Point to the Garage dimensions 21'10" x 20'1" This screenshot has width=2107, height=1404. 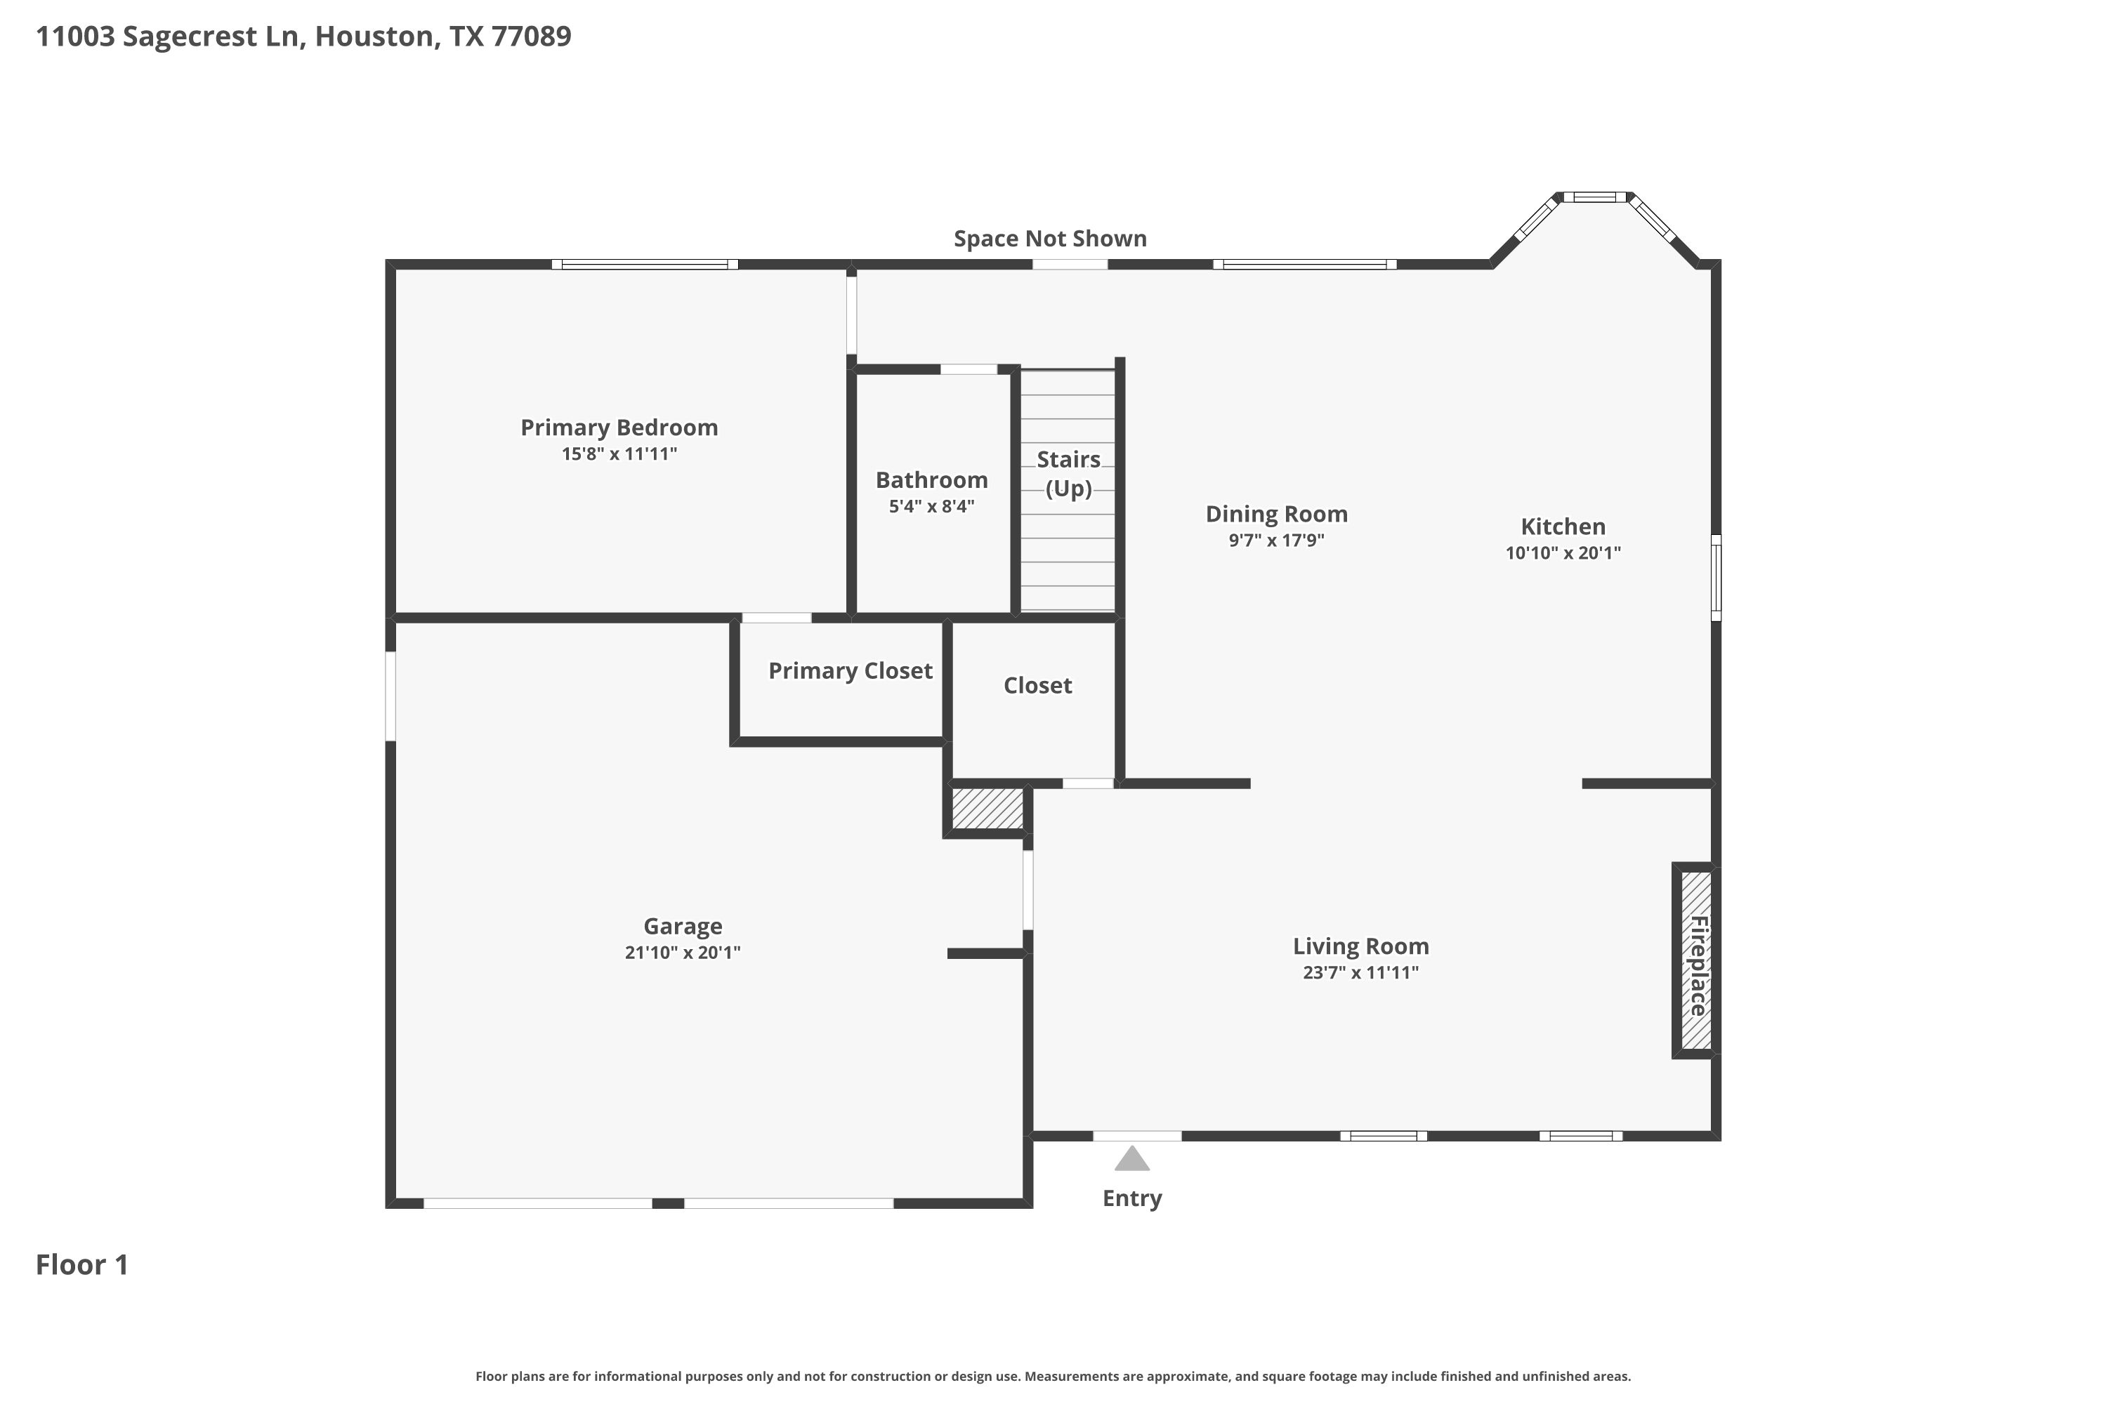pos(683,952)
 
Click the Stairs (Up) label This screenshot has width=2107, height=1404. pos(1069,474)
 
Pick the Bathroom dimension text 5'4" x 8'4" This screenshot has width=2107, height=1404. pos(932,506)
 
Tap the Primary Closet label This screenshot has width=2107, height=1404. pos(850,670)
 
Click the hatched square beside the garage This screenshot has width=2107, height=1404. pos(987,809)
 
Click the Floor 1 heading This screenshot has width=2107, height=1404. pos(82,1264)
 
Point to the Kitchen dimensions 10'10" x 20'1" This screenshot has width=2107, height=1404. pos(1563,552)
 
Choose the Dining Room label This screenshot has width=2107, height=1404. pos(1277,514)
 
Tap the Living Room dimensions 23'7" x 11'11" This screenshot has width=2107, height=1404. pos(1361,972)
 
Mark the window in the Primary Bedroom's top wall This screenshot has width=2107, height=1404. pos(645,264)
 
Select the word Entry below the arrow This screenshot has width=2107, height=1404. pos(1132,1198)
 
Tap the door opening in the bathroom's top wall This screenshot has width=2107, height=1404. pos(969,369)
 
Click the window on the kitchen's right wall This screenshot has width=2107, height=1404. pos(1717,578)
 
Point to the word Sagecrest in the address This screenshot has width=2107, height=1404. pos(191,36)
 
